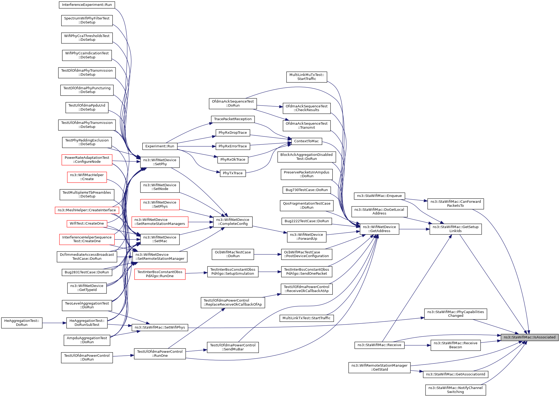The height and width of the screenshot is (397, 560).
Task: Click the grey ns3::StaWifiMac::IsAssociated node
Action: click(529, 337)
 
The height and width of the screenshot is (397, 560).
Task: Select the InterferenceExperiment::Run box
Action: click(87, 5)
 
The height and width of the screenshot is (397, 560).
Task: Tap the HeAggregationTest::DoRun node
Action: click(22, 323)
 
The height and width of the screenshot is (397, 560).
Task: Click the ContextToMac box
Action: click(306, 141)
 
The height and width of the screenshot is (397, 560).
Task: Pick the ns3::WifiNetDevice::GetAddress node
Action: click(379, 229)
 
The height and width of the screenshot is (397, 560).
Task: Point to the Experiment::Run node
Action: click(160, 146)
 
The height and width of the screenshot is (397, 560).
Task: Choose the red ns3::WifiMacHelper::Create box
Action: click(87, 177)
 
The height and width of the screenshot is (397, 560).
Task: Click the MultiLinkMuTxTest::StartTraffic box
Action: click(306, 77)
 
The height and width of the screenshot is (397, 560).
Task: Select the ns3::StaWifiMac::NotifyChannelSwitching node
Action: click(455, 390)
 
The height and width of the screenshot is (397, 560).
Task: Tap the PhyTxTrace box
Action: click(232, 173)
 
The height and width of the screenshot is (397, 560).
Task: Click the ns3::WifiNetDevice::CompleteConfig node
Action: click(233, 222)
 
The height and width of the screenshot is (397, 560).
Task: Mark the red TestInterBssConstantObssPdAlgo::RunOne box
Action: click(160, 274)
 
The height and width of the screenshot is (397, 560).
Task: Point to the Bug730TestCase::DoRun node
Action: click(306, 190)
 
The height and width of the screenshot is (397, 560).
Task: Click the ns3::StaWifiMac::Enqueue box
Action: click(379, 196)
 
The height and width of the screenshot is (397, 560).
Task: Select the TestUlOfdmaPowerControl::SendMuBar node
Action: click(233, 347)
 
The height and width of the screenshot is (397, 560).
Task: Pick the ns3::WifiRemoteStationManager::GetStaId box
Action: click(379, 367)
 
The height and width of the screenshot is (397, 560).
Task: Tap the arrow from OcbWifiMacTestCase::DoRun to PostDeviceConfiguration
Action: click(267, 254)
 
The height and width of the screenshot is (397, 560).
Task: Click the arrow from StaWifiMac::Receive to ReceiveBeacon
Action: click(418, 345)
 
